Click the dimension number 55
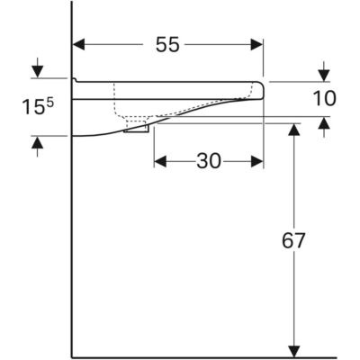coord(167,45)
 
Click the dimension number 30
coord(209,161)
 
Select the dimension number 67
coord(293,240)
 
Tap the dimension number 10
coord(324,99)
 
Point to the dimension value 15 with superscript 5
coord(38,107)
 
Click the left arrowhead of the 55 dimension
coord(79,45)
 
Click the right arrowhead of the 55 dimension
coord(256,45)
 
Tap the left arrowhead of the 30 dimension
coord(160,161)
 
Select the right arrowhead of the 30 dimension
coord(257,161)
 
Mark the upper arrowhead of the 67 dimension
coord(294,130)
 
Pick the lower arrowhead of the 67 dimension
coord(294,352)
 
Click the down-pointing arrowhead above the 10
coord(324,76)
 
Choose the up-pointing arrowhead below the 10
coord(324,123)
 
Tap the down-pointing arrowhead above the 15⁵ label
coord(37,72)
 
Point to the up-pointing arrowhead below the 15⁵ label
coord(37,142)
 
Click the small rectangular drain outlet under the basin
coord(137,129)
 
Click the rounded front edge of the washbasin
coord(262,90)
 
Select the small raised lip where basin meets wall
coord(74,80)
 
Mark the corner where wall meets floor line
coord(72,358)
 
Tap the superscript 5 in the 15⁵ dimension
coord(50,103)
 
